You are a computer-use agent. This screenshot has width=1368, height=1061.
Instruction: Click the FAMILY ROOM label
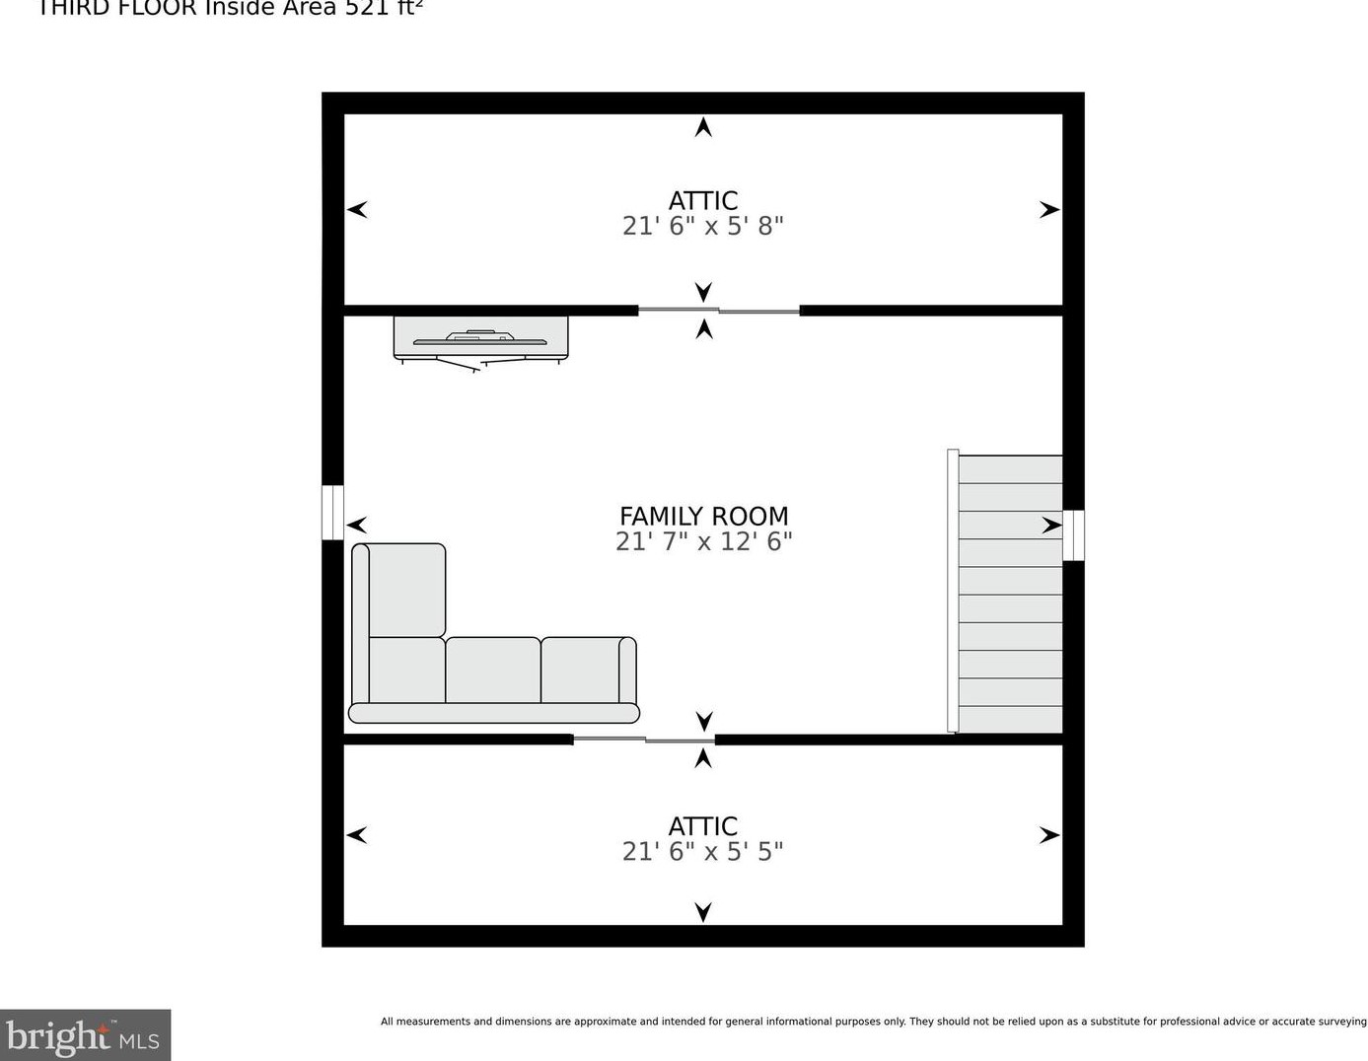tap(703, 516)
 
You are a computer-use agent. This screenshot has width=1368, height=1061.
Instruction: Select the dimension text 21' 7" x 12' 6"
tap(703, 541)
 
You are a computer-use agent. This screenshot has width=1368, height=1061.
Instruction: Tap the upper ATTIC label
tap(703, 200)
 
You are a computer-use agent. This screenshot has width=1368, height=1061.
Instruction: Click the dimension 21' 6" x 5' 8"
tap(703, 226)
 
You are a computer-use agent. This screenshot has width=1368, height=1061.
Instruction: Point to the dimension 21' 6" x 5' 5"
tap(703, 851)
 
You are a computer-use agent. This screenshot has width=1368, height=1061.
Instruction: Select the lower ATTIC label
tap(703, 825)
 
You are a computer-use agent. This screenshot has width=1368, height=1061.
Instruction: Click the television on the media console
tap(480, 339)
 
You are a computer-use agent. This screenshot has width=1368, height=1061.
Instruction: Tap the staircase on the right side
tap(1010, 594)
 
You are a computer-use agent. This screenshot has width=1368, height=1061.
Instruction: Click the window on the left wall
tap(332, 513)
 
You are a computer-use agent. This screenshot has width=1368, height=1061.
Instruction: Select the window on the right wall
tap(1073, 534)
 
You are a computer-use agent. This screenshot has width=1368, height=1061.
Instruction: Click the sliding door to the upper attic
tap(719, 311)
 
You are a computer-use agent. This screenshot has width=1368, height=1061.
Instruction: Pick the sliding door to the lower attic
tap(644, 739)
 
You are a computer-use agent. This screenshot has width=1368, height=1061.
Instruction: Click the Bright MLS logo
tap(85, 1035)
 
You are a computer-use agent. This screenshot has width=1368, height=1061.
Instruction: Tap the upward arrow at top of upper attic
tap(703, 126)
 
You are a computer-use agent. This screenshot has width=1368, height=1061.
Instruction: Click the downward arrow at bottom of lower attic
tap(703, 912)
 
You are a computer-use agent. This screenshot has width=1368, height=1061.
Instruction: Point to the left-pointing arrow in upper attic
tap(357, 209)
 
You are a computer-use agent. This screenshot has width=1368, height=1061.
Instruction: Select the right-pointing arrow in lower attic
tap(1049, 835)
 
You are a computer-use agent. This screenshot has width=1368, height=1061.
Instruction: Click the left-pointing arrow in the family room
tap(357, 525)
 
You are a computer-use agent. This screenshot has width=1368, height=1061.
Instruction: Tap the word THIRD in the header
tap(80, 8)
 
